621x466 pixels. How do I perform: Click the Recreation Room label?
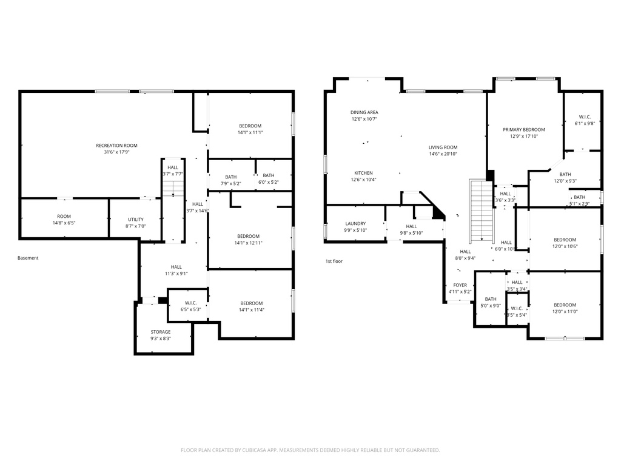pyautogui.click(x=116, y=146)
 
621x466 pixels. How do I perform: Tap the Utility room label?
pyautogui.click(x=135, y=220)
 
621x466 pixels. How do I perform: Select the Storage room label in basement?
pyautogui.click(x=161, y=332)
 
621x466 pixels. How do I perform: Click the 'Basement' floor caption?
pyautogui.click(x=28, y=258)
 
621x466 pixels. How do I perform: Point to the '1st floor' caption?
pyautogui.click(x=334, y=261)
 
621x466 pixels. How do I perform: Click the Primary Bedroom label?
pyautogui.click(x=524, y=130)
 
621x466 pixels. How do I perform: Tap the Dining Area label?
pyautogui.click(x=364, y=112)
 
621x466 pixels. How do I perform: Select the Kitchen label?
pyautogui.click(x=364, y=173)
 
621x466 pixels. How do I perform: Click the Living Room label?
pyautogui.click(x=443, y=147)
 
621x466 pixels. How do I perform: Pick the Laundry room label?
pyautogui.click(x=355, y=224)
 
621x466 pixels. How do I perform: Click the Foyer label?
pyautogui.click(x=460, y=285)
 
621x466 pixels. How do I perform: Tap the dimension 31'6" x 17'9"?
pyautogui.click(x=116, y=152)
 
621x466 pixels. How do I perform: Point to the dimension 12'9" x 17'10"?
pyautogui.click(x=524, y=137)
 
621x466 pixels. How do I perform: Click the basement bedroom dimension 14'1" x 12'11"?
pyautogui.click(x=249, y=243)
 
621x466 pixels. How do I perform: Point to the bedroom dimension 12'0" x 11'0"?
pyautogui.click(x=565, y=312)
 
